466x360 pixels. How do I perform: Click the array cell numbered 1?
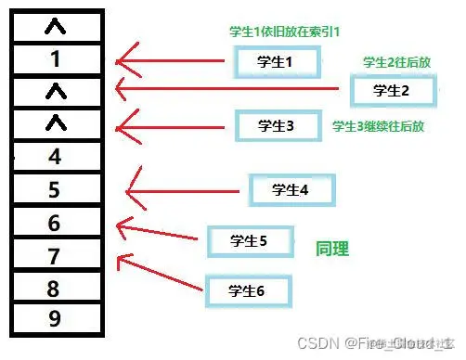coord(55,59)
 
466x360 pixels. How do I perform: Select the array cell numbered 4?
coord(55,156)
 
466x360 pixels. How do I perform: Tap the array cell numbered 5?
coord(55,189)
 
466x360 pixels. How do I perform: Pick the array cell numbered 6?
coord(55,222)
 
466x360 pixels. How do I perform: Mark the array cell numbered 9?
coord(55,319)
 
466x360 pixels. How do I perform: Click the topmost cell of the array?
coord(55,27)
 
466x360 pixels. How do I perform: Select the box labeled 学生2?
coord(391,90)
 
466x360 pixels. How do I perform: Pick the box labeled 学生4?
coord(290,189)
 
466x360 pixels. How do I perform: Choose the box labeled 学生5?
coord(248,241)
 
